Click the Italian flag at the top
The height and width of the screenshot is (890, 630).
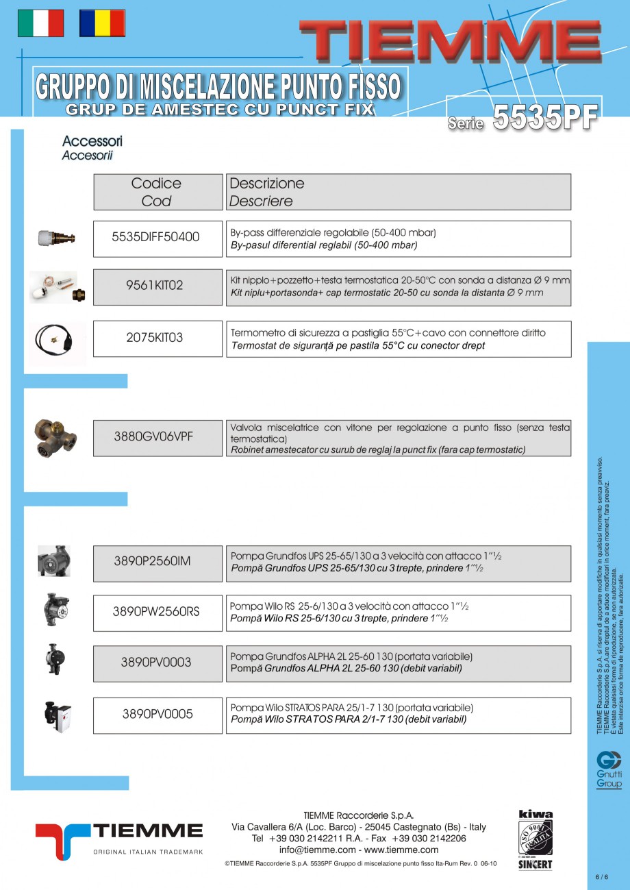tap(40, 23)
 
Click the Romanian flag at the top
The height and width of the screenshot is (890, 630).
tap(102, 23)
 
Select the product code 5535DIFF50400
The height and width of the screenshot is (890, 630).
tap(156, 237)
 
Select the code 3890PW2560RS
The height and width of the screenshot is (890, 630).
tap(156, 611)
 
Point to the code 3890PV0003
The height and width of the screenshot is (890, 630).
tap(156, 663)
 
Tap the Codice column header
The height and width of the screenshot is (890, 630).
tap(157, 192)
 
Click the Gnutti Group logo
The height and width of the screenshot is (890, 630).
tap(609, 769)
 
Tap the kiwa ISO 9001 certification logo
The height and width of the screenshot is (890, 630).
tap(535, 839)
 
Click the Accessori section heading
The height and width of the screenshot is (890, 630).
tap(92, 141)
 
